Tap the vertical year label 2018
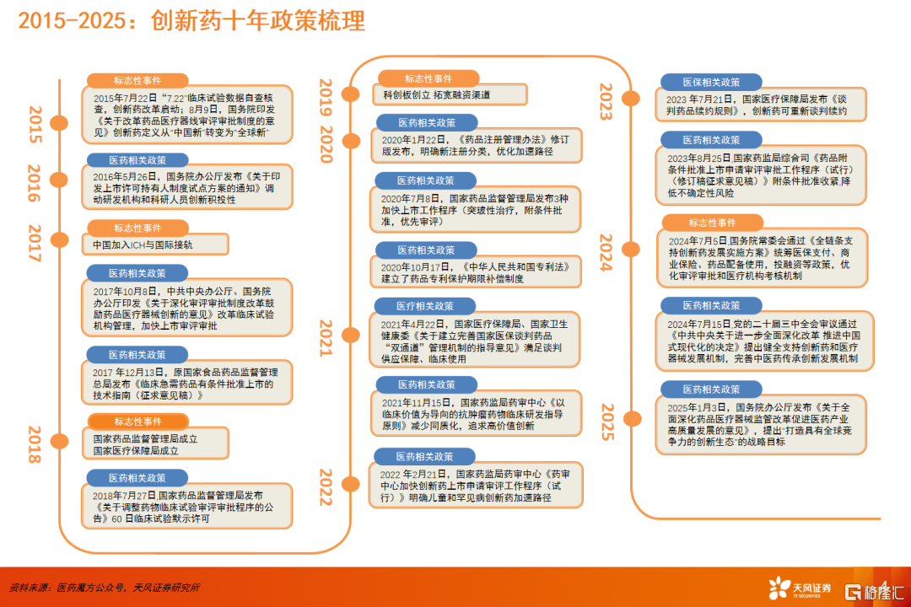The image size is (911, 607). (x=35, y=444)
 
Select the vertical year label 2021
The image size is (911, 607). (x=326, y=337)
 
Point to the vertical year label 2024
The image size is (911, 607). (x=606, y=253)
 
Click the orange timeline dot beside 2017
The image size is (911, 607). (x=59, y=239)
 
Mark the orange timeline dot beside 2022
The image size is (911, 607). (x=350, y=484)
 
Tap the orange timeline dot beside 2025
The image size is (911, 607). (x=632, y=418)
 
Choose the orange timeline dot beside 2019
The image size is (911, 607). (x=350, y=94)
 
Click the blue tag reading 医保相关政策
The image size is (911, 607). (x=711, y=83)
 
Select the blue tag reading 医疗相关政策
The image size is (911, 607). (x=424, y=306)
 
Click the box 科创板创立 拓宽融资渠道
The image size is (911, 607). (x=450, y=94)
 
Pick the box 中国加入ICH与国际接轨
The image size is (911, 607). (x=155, y=244)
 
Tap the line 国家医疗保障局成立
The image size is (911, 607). (x=136, y=451)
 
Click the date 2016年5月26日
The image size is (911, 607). (x=125, y=176)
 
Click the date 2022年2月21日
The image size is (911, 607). (x=413, y=475)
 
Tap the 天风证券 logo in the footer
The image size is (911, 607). (x=800, y=588)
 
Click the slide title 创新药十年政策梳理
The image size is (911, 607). (x=258, y=21)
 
